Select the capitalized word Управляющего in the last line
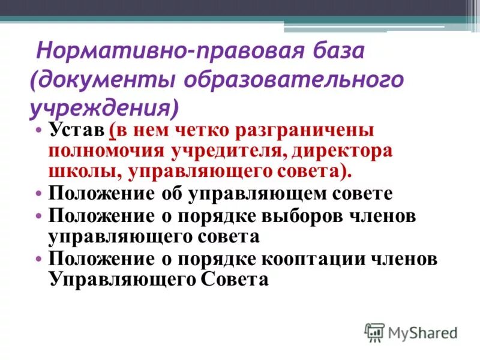[124, 280]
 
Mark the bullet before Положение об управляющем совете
[40, 194]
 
